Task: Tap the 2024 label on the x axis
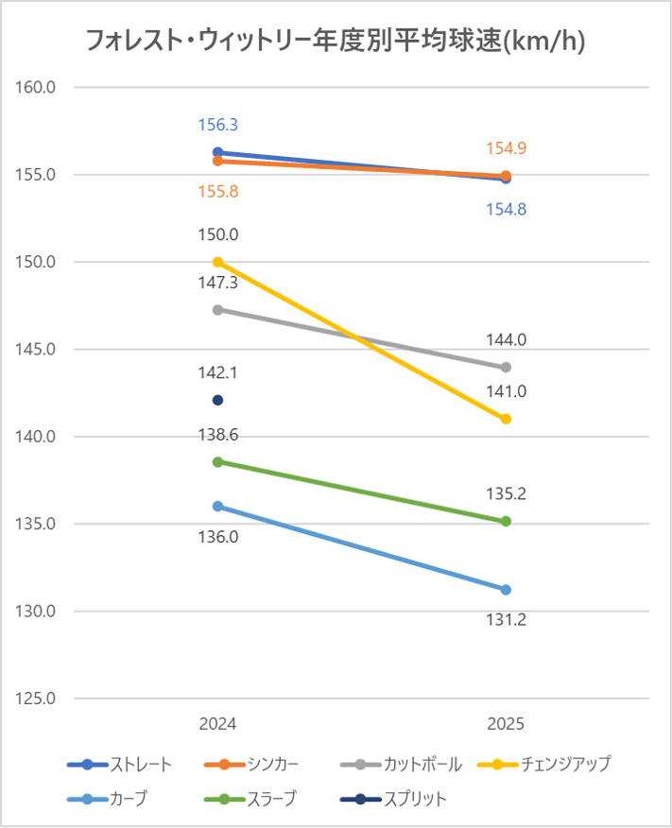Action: click(217, 724)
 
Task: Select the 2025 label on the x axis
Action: click(506, 724)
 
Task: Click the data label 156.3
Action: click(217, 125)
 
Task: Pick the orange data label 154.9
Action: click(506, 148)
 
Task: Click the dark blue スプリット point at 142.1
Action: click(217, 400)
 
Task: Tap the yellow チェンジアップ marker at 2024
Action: click(217, 262)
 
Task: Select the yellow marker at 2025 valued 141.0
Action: click(506, 419)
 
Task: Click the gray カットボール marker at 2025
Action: click(506, 367)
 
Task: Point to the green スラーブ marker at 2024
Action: click(217, 461)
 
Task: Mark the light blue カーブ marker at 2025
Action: click(506, 590)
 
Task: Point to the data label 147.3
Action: click(217, 283)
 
